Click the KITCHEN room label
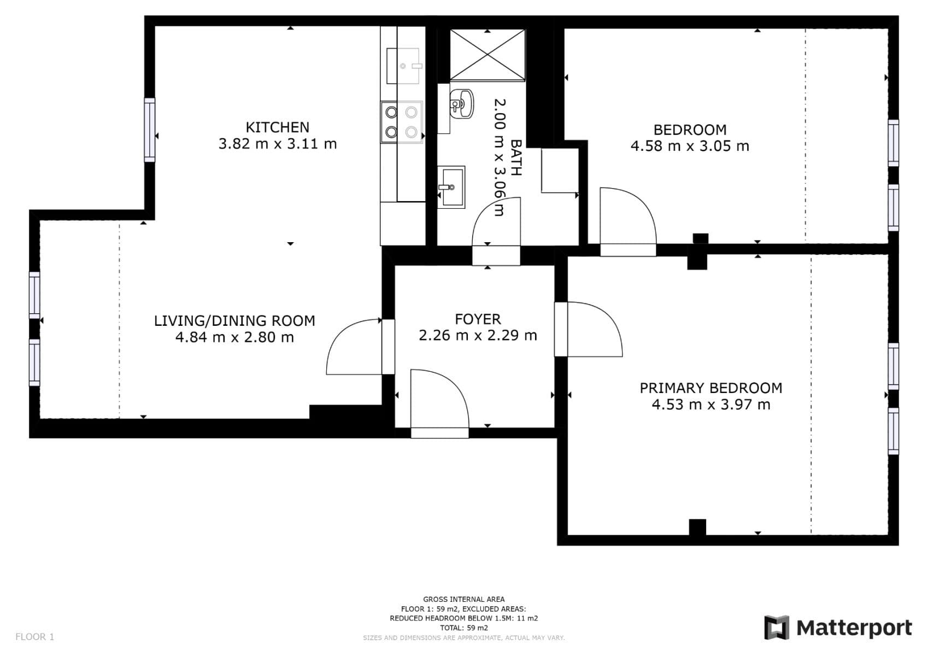(x=277, y=127)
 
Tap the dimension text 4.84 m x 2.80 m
(x=234, y=337)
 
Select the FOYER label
(x=478, y=319)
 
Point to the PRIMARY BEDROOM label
(x=710, y=388)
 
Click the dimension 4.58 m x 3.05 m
(x=690, y=146)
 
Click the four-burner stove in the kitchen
(x=402, y=122)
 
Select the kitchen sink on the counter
(x=403, y=66)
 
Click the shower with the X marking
(x=487, y=55)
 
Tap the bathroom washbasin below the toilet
(x=451, y=187)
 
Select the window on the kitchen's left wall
(x=149, y=130)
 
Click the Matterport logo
(x=838, y=628)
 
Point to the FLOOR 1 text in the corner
(x=34, y=636)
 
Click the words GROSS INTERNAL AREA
(x=463, y=599)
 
